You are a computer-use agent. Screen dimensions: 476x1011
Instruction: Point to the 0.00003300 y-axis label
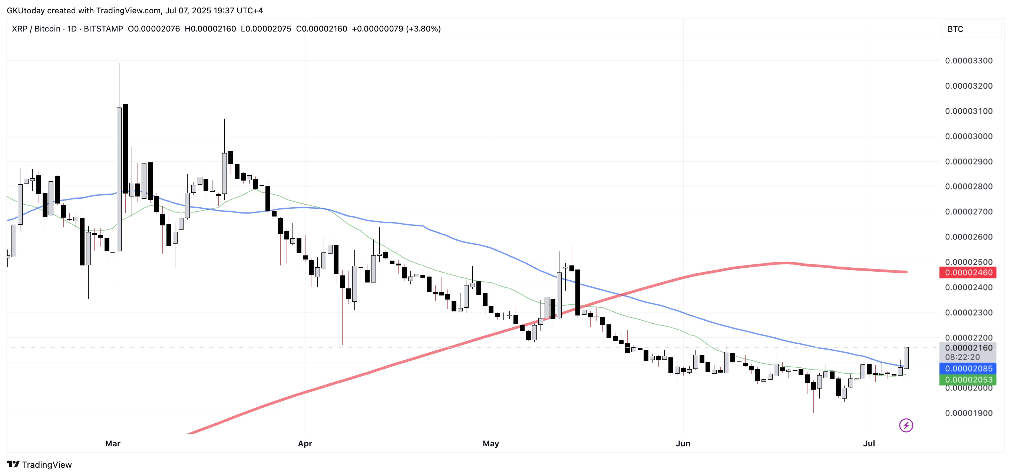click(968, 61)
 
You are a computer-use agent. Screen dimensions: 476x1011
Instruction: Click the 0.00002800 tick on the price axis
click(968, 186)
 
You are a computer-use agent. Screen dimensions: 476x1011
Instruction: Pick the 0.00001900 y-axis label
click(968, 413)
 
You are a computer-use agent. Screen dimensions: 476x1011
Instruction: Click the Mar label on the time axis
click(113, 443)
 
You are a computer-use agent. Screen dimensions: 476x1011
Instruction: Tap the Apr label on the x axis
click(305, 443)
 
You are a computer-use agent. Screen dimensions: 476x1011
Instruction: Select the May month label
click(490, 443)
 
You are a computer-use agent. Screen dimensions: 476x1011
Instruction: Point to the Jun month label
click(683, 443)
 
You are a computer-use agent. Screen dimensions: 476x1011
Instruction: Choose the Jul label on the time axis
click(869, 443)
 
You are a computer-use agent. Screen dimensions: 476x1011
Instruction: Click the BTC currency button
click(955, 29)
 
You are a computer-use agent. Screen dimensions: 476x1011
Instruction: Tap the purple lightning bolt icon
click(906, 425)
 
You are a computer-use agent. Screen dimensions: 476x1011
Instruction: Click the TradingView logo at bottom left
click(39, 465)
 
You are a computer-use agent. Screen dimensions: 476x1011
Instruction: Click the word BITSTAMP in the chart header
click(103, 29)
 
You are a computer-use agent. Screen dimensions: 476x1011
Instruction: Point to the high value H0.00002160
click(210, 29)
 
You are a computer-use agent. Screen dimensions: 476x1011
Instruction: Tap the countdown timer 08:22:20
click(962, 357)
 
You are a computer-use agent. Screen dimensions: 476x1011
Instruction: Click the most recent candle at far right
click(906, 357)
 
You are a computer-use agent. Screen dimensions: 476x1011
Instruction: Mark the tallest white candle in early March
click(119, 179)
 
